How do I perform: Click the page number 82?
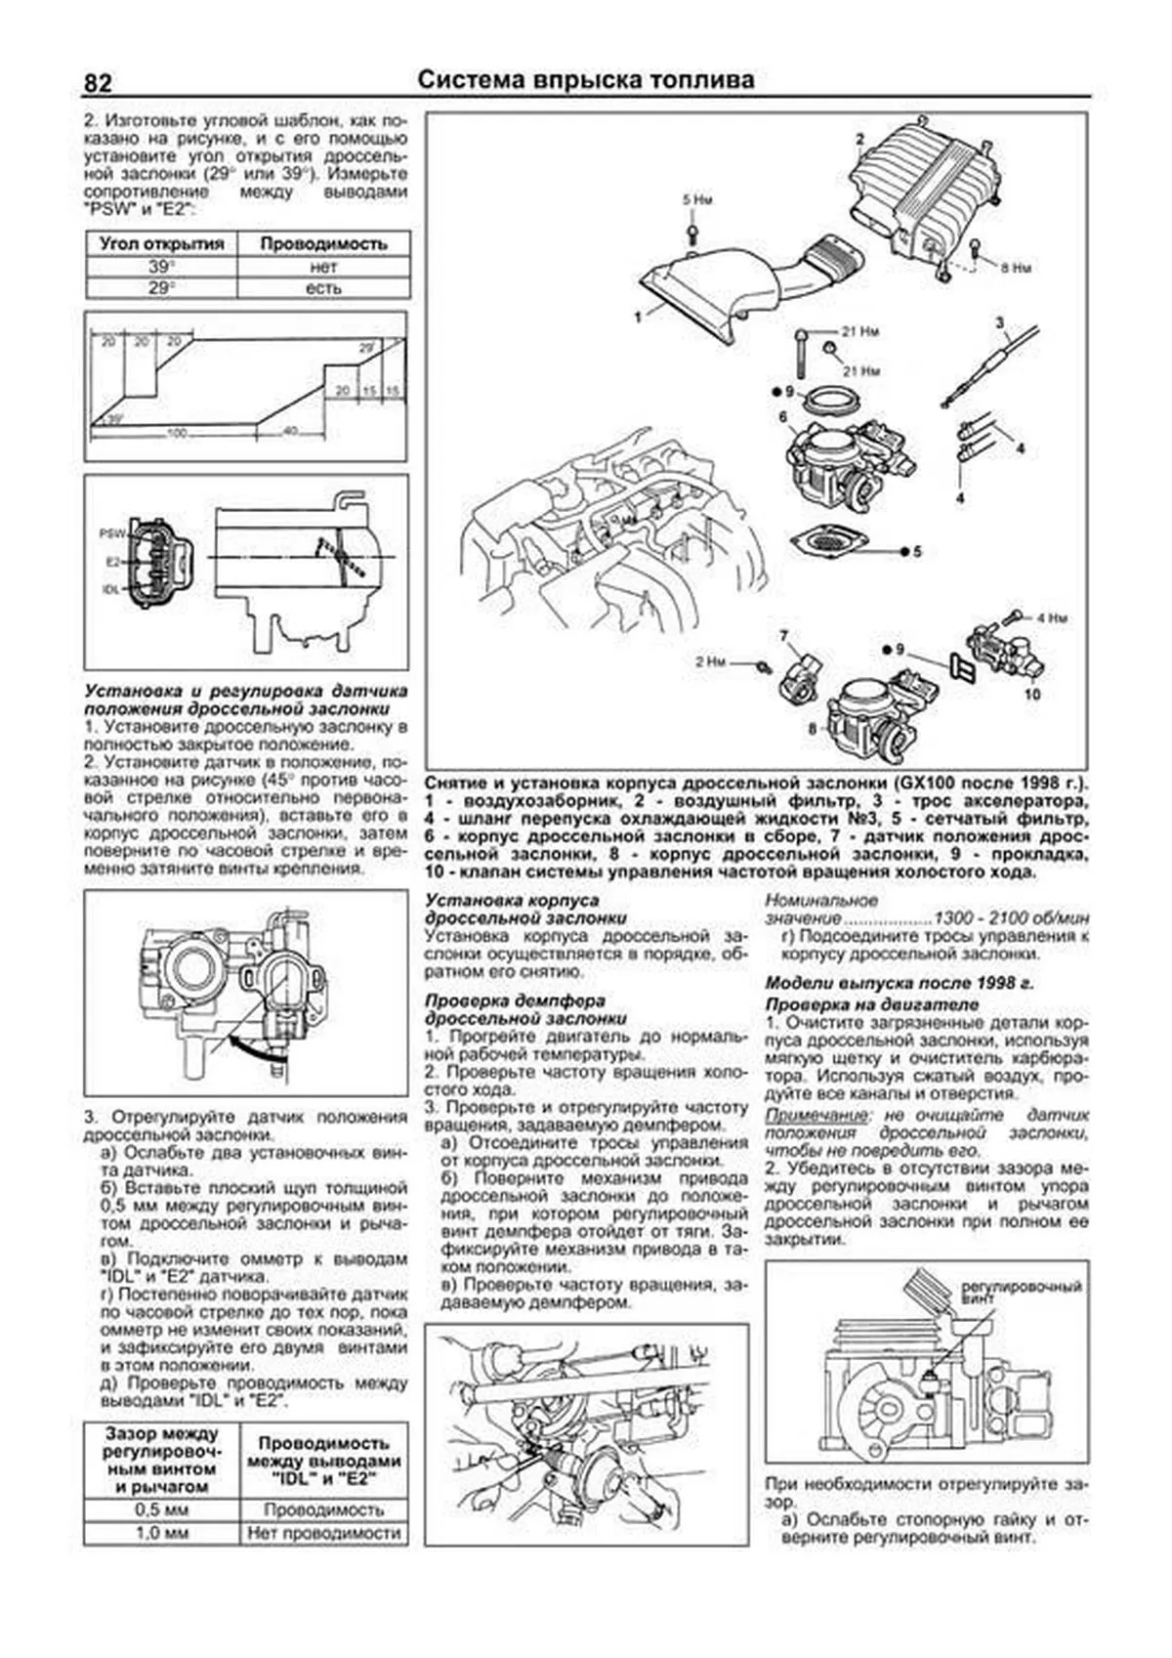(99, 83)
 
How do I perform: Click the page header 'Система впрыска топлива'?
(586, 80)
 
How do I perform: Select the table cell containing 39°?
(161, 267)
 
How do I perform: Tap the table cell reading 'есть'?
(322, 288)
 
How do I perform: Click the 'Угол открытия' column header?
(161, 244)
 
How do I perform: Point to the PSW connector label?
(110, 534)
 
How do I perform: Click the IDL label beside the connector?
(110, 590)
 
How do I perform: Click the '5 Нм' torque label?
(697, 200)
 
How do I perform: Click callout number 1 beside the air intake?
(637, 317)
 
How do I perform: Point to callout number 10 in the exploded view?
(1033, 695)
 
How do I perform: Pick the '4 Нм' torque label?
(1052, 617)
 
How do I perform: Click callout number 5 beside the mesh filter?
(916, 552)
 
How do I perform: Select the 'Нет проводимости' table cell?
(323, 1533)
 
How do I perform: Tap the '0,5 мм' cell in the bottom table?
(161, 1509)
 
